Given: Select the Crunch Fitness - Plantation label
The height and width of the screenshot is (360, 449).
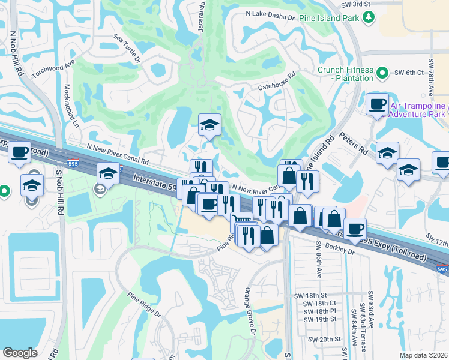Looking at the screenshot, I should (345, 74).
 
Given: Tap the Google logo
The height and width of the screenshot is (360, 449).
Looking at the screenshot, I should (20, 353).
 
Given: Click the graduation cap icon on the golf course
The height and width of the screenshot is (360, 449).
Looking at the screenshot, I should (209, 125).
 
